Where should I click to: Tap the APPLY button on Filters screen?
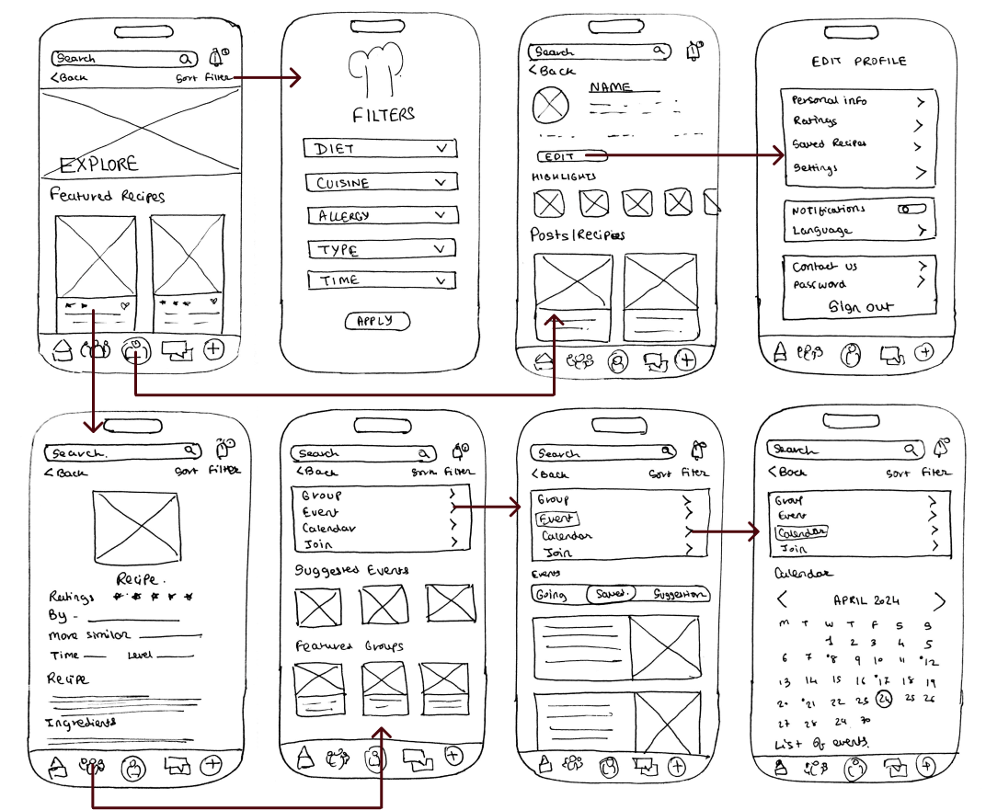pos(377,321)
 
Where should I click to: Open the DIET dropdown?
pos(380,149)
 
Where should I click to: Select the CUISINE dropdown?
pos(381,183)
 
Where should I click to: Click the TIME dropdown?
pos(381,280)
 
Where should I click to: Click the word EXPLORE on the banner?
pos(98,165)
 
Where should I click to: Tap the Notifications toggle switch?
pos(911,210)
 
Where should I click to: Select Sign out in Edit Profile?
pos(860,307)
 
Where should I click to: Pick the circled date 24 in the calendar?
pos(884,699)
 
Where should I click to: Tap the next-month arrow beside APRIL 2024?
pos(939,601)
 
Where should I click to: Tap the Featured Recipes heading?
pos(108,196)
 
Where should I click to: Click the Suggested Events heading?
pos(351,570)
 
